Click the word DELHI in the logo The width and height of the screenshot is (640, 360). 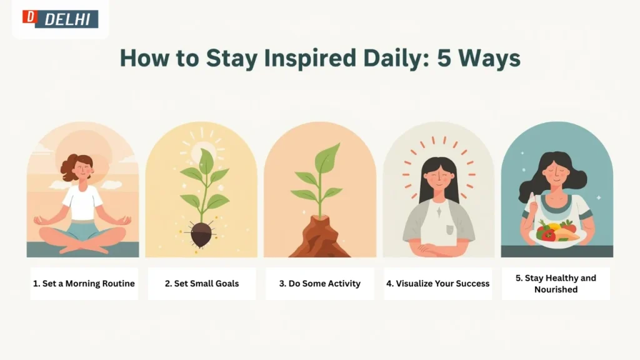pyautogui.click(x=68, y=19)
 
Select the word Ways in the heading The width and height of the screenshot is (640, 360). pyautogui.click(x=487, y=57)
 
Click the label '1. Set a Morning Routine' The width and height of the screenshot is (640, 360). pyautogui.click(x=84, y=283)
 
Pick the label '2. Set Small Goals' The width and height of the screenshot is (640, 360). pyautogui.click(x=202, y=283)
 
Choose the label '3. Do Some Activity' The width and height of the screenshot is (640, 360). pyautogui.click(x=319, y=283)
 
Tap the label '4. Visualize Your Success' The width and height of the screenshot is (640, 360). pyautogui.click(x=437, y=283)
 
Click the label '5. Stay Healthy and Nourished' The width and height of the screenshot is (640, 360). pyautogui.click(x=556, y=283)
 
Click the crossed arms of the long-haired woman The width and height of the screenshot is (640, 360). pyautogui.click(x=437, y=249)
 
